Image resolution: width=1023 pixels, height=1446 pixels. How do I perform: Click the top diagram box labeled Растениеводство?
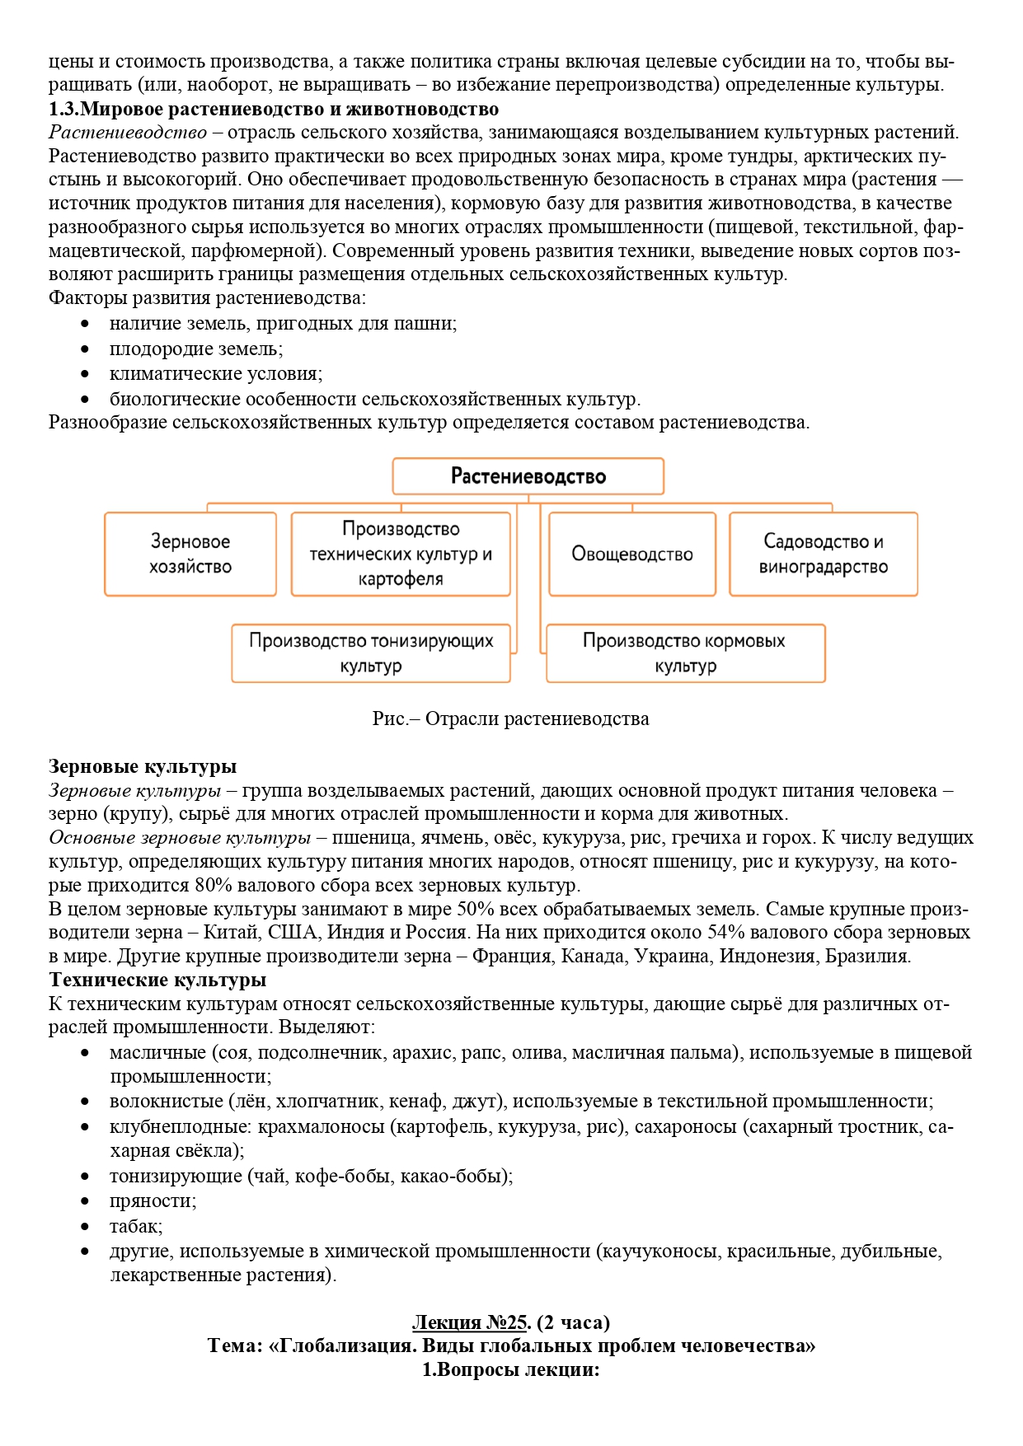click(528, 476)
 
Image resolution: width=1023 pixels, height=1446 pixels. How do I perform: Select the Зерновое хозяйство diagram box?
click(190, 554)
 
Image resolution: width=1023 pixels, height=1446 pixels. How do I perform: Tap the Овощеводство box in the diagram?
click(632, 554)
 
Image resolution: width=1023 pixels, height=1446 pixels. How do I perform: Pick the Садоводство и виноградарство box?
click(823, 554)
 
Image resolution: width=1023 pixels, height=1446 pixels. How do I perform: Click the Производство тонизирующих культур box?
click(371, 653)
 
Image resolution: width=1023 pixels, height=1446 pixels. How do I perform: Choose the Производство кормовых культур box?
click(685, 653)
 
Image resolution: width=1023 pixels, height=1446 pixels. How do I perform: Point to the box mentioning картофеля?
click(401, 554)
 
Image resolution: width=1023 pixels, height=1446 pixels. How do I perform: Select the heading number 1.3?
click(63, 109)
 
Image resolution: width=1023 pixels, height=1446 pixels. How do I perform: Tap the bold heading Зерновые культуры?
click(143, 766)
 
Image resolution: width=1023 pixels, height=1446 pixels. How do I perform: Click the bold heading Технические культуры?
click(157, 980)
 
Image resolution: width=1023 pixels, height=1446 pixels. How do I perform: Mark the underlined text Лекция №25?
click(469, 1322)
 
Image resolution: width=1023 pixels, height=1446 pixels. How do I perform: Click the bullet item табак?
click(136, 1226)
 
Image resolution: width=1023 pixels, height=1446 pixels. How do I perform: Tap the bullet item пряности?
click(153, 1201)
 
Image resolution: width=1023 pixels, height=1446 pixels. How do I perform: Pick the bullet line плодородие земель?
click(195, 349)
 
